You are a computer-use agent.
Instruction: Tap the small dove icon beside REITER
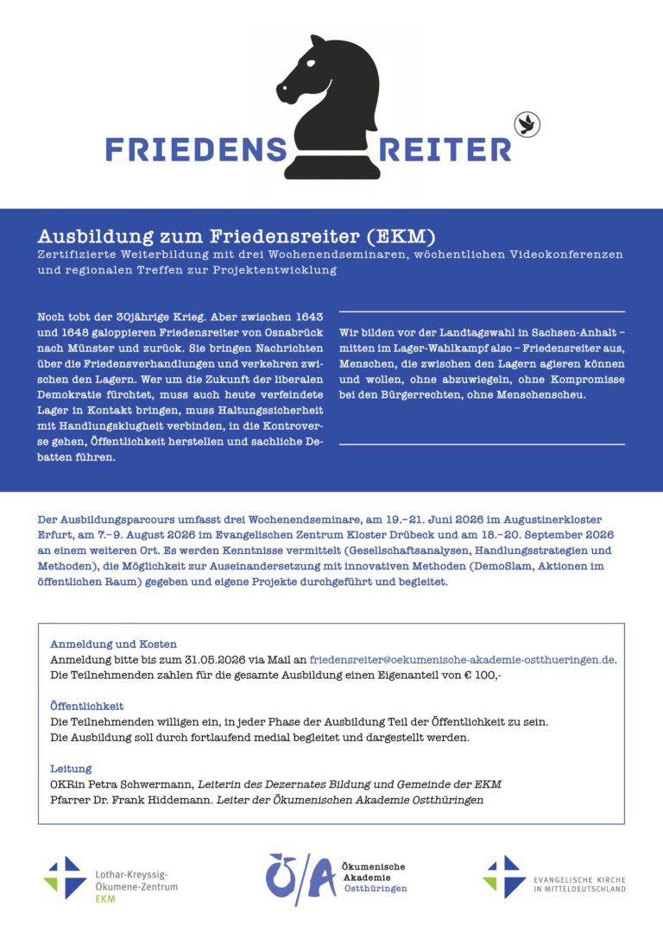[x=524, y=125]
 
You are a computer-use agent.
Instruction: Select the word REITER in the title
[x=445, y=149]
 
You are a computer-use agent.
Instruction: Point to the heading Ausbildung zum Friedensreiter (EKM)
[x=236, y=236]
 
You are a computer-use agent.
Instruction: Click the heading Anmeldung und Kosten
[x=113, y=644]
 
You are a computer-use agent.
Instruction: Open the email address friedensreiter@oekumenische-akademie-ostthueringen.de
[x=462, y=659]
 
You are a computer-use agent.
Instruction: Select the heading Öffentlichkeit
[x=87, y=705]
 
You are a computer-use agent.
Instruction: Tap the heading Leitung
[x=71, y=768]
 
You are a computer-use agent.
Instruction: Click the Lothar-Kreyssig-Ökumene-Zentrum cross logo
[x=65, y=877]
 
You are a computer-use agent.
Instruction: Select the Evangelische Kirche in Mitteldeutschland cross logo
[x=503, y=877]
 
